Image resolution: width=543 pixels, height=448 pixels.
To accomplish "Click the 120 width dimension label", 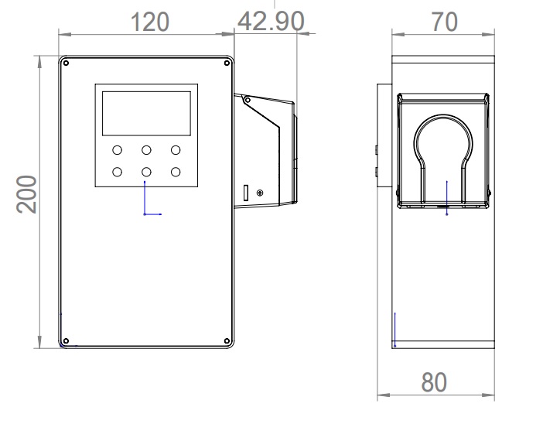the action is [150, 22].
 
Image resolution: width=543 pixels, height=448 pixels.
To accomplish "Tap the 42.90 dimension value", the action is [271, 22].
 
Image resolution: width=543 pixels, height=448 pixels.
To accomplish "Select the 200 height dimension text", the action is [26, 194].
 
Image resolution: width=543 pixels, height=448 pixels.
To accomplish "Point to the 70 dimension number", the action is [444, 22].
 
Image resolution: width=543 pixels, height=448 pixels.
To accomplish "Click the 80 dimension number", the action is [434, 382].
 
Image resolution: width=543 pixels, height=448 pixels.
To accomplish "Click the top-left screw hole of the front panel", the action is [67, 63].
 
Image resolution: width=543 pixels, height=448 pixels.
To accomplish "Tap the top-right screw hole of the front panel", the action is [227, 63].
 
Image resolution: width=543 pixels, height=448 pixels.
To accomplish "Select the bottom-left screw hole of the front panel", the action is [67, 341].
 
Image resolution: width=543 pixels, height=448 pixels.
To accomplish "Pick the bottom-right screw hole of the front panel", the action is [227, 341].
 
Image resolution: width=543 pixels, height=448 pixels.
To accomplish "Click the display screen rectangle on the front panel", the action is [146, 113].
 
